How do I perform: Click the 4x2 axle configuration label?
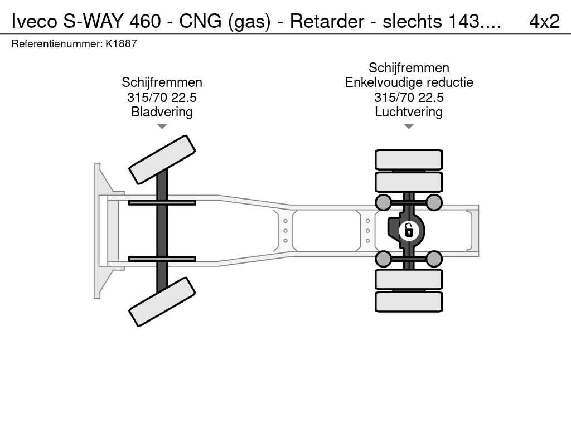544,21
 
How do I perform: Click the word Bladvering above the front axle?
162,112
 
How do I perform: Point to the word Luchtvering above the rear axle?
409,112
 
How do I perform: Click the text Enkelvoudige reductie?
409,82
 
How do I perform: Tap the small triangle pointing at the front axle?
162,127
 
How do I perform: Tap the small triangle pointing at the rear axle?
409,127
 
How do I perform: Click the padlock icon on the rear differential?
409,230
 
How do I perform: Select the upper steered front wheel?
162,159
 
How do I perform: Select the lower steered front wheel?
162,301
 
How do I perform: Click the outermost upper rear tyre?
409,159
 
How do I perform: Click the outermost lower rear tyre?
409,301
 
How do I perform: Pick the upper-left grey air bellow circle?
384,202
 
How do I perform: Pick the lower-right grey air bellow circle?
434,259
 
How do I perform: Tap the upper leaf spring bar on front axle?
162,202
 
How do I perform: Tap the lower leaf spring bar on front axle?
162,259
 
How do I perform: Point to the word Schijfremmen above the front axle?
162,82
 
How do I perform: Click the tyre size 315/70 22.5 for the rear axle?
409,98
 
